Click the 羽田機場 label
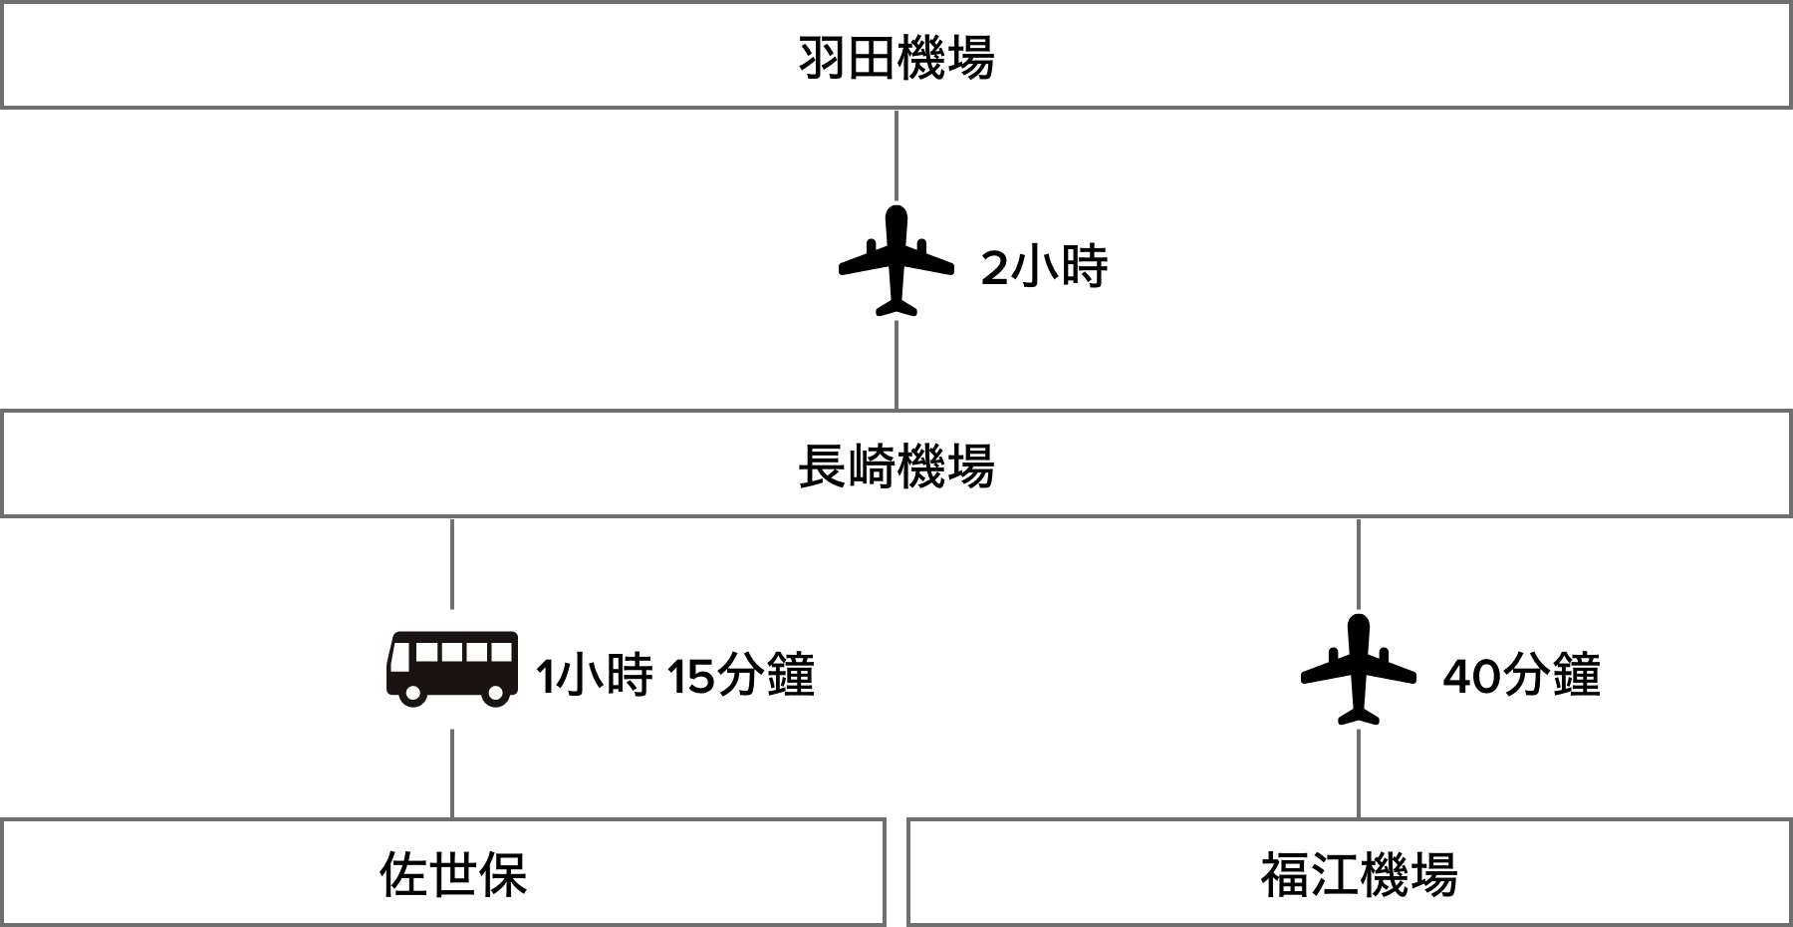click(x=896, y=58)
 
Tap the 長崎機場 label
click(x=896, y=465)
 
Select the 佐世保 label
click(x=453, y=874)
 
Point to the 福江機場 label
click(x=1359, y=874)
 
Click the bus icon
click(x=452, y=669)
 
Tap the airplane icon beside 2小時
click(x=896, y=260)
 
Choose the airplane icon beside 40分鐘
click(x=1359, y=669)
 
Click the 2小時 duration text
click(x=1044, y=267)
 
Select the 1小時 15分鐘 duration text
click(x=674, y=675)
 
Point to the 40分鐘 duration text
click(x=1521, y=675)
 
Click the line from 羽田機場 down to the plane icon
click(x=896, y=154)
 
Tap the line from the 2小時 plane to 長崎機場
click(x=896, y=365)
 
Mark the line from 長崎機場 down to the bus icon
click(x=453, y=563)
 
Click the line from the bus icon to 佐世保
click(x=453, y=773)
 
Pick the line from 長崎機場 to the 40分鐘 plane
click(x=1359, y=563)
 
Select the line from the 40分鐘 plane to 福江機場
click(x=1359, y=773)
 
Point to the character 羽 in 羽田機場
click(x=822, y=59)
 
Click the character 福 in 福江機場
click(x=1285, y=875)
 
